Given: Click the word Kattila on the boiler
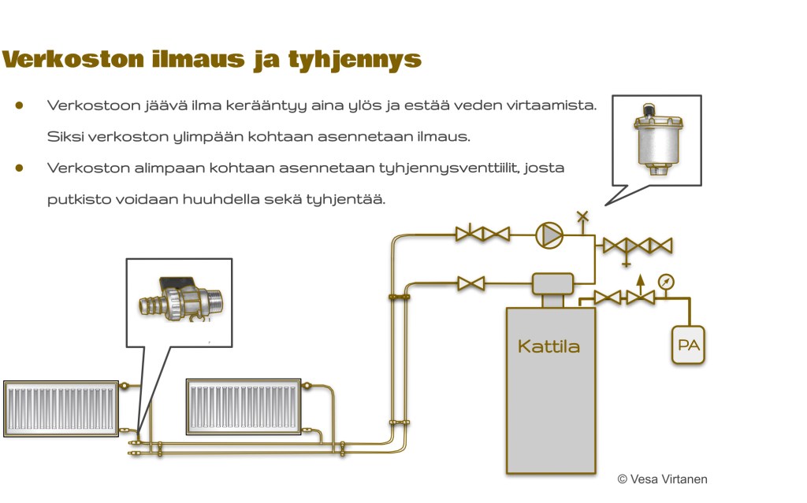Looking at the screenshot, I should (549, 346).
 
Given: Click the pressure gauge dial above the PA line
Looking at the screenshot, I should (666, 281).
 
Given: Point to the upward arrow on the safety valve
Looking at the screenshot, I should (640, 279).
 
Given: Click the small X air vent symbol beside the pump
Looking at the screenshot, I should (582, 215).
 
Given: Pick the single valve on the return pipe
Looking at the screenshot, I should (471, 283).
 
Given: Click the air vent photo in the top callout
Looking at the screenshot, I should (656, 140).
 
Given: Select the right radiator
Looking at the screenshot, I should (244, 406).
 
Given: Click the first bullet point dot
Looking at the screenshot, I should (19, 105).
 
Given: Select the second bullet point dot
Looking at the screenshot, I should (19, 168).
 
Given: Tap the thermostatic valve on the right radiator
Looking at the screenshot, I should (308, 385).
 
